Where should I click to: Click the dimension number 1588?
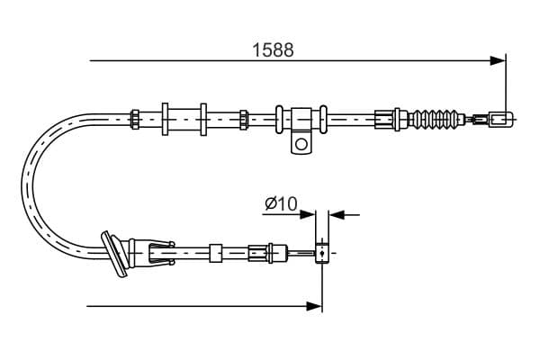coord(273,50)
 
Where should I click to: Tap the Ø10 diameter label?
coord(281,203)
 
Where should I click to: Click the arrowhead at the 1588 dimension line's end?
coord(498,60)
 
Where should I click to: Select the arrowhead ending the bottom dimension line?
coord(314,306)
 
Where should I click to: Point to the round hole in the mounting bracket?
coord(301,144)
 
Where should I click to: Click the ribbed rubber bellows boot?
coord(436,120)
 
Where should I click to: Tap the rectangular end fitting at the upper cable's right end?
coord(501,120)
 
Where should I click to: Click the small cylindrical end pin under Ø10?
coord(322,253)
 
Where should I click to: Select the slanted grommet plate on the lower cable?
coord(114,254)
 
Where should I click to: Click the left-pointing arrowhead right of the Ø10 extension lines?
coord(337,215)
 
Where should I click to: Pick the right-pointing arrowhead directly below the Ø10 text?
coord(307,215)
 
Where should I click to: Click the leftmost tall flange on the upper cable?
coord(165,119)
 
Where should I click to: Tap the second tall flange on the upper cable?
coord(203,119)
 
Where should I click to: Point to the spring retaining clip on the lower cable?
coord(161,253)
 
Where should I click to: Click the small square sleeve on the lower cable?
coord(216,253)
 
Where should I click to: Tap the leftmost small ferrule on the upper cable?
coord(135,119)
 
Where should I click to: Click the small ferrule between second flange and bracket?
coord(244,120)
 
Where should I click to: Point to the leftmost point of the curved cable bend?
coord(22,186)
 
